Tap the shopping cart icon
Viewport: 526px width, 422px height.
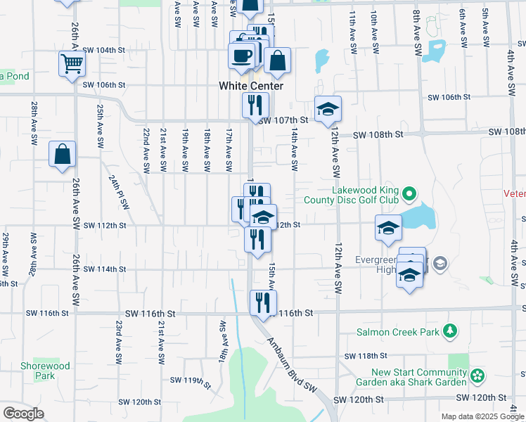point(72,64)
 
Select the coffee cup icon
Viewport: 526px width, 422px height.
point(242,56)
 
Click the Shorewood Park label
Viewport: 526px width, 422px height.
point(45,371)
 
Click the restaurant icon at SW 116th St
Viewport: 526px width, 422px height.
point(263,303)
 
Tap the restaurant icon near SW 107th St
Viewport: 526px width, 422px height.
point(255,105)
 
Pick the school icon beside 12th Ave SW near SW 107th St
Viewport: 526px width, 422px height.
point(328,109)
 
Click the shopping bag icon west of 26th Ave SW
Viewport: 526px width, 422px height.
point(62,154)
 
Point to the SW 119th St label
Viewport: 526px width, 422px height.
point(191,382)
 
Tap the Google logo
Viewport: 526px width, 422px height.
point(23,414)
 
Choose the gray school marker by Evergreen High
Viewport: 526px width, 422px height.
point(440,264)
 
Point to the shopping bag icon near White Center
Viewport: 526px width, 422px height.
point(277,62)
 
